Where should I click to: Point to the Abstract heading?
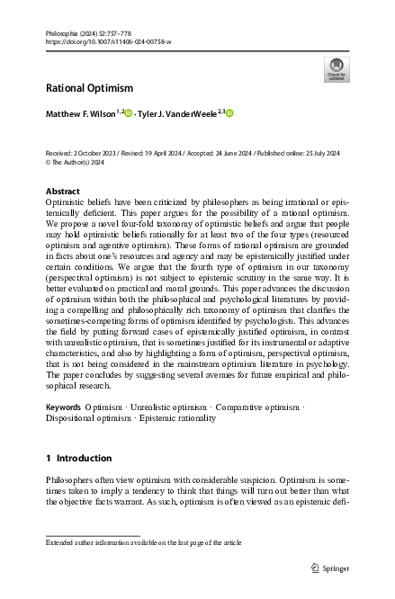click(x=62, y=192)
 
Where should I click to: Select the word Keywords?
click(x=63, y=407)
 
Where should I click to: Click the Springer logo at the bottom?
click(x=328, y=568)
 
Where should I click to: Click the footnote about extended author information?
click(x=144, y=542)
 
